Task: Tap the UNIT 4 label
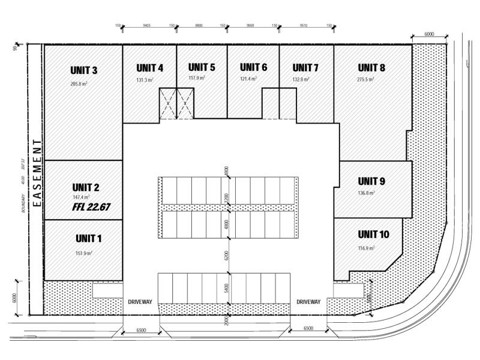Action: tap(149, 67)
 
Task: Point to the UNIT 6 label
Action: tap(253, 67)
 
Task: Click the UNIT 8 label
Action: tap(371, 67)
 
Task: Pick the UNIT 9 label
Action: tap(371, 181)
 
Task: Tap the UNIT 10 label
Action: tap(374, 234)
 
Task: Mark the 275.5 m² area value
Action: tap(366, 79)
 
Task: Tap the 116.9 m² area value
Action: tap(366, 247)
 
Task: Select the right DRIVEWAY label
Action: tap(310, 301)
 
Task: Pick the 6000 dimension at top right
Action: tap(429, 34)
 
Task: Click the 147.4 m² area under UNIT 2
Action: tap(82, 197)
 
